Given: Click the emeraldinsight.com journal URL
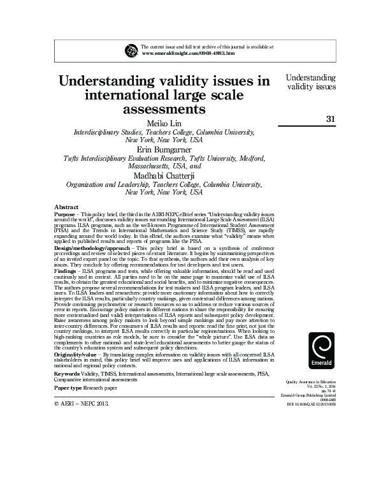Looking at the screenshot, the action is tap(185, 54).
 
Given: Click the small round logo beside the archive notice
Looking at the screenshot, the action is tap(132, 50).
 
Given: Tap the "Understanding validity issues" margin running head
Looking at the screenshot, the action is tap(311, 82).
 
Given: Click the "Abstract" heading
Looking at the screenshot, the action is tap(67, 208).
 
